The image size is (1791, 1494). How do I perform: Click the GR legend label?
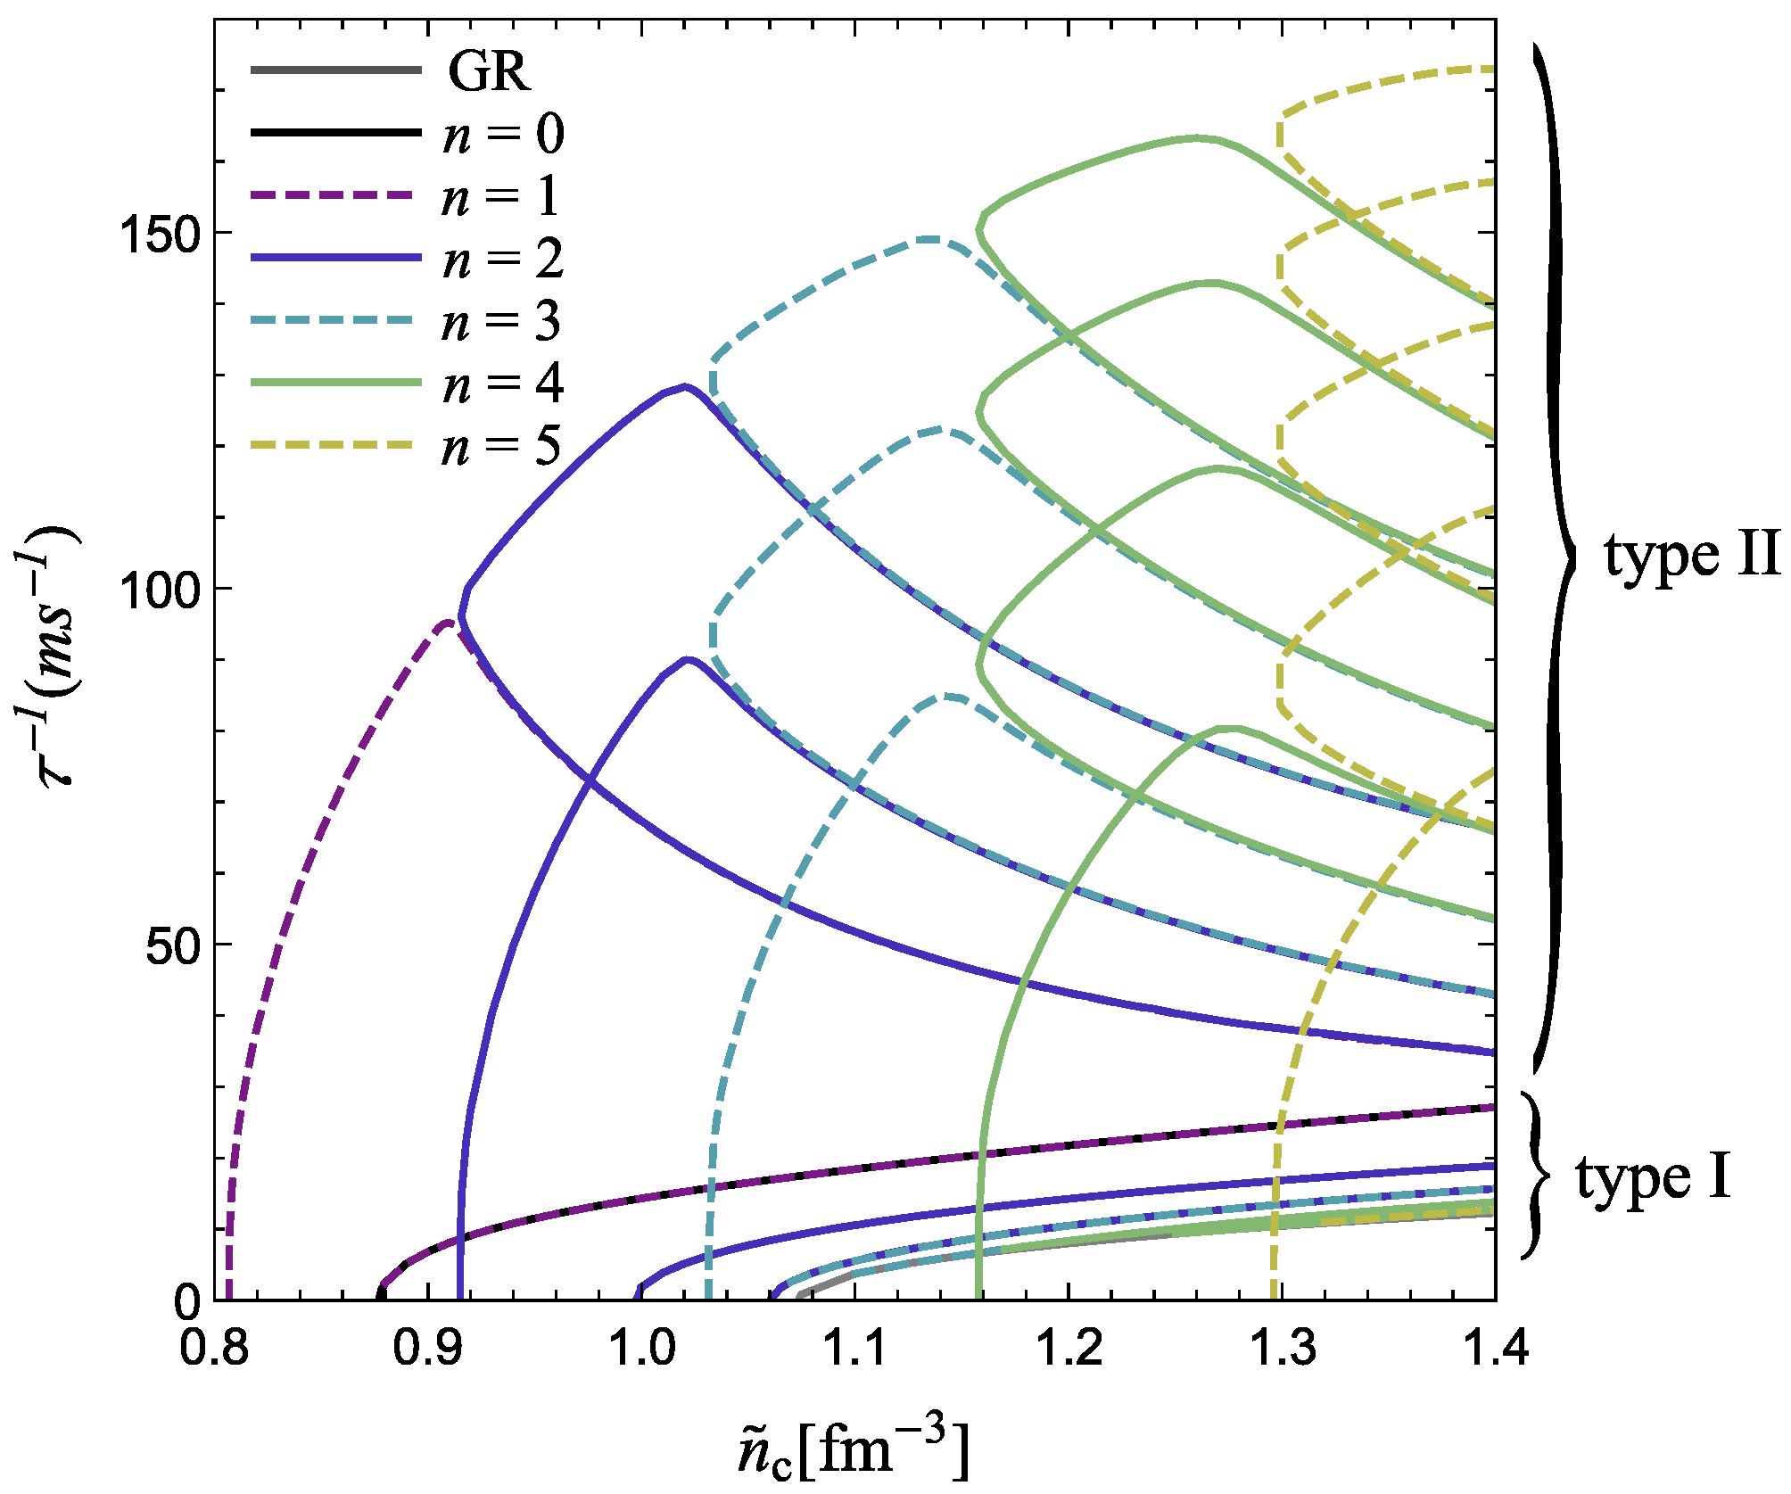(489, 70)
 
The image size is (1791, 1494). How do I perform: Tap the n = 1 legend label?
(500, 196)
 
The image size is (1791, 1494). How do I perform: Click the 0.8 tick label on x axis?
(214, 1348)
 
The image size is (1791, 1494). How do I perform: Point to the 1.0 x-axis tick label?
(642, 1348)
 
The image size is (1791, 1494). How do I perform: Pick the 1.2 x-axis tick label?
(1070, 1348)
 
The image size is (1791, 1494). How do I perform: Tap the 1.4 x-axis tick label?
(1495, 1348)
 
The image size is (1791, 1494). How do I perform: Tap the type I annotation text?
(1653, 1177)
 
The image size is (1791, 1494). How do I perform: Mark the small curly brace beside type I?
(1535, 1176)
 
